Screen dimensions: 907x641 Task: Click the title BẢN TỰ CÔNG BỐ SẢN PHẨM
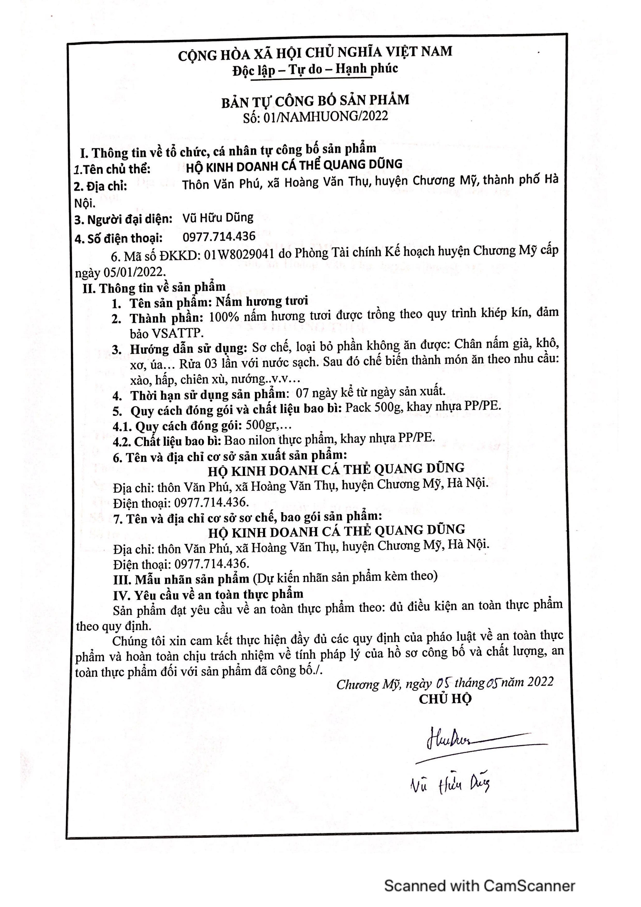tap(315, 101)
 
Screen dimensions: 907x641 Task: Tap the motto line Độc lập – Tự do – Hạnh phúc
tap(315, 70)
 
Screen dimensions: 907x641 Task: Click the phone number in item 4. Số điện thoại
tap(219, 237)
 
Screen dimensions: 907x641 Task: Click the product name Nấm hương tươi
tap(262, 301)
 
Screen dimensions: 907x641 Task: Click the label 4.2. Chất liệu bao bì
tap(167, 441)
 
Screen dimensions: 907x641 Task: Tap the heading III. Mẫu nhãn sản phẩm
tap(181, 580)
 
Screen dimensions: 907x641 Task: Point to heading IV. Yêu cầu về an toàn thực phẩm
tap(208, 595)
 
